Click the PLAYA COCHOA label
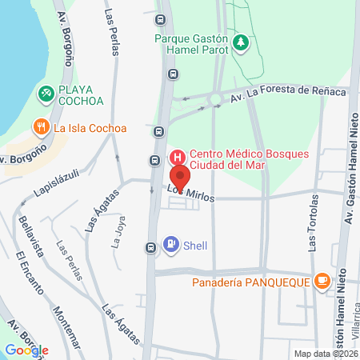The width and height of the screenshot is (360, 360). click(x=82, y=94)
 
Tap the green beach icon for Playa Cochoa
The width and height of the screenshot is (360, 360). click(x=46, y=94)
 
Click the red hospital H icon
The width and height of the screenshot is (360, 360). click(x=178, y=155)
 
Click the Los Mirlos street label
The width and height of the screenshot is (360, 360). click(x=190, y=194)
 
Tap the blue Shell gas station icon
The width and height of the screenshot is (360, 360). click(x=171, y=244)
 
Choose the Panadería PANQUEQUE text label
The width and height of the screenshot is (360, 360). click(x=250, y=281)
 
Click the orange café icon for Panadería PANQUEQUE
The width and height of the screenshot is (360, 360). click(x=322, y=281)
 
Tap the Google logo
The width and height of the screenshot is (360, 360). click(x=26, y=350)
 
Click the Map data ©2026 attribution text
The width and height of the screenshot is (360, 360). click(x=325, y=354)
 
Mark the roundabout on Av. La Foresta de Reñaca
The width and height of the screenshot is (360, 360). click(x=215, y=101)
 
